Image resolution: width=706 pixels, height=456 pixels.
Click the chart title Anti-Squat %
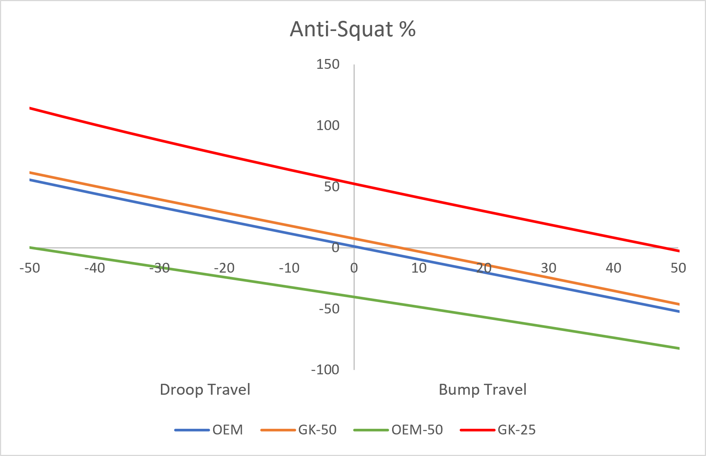coord(352,29)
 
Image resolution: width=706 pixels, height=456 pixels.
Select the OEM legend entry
coord(209,430)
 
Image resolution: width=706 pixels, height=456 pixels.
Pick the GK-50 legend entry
coord(298,430)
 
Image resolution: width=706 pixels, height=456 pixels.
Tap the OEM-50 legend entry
coord(398,430)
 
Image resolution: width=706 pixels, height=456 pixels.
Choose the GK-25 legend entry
coord(498,430)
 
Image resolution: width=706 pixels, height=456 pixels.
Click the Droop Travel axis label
coord(205,389)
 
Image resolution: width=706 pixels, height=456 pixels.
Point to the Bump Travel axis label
coord(482,389)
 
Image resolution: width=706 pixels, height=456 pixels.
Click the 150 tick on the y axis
coord(328,64)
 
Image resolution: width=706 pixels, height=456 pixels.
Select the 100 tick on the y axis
coord(328,126)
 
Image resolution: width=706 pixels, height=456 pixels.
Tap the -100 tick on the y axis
coord(325,369)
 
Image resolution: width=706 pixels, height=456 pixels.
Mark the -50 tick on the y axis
coord(329,309)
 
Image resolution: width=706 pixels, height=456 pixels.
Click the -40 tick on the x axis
coord(94,268)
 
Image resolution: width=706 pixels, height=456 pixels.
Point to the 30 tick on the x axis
coord(548,268)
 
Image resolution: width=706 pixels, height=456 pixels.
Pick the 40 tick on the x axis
coord(613,268)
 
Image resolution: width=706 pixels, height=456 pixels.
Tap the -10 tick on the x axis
coord(289,268)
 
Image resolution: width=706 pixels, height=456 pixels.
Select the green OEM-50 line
coord(354,297)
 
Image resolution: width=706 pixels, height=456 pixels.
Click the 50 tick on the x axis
coord(678,268)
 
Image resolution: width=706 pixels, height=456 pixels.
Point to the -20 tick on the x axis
coord(224,268)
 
